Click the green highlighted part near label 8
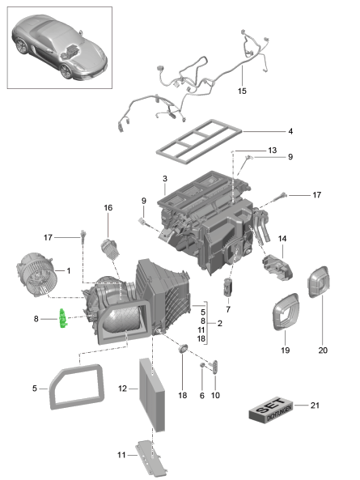(62, 321)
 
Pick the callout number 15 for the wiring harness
(241, 91)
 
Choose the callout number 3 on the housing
(164, 179)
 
